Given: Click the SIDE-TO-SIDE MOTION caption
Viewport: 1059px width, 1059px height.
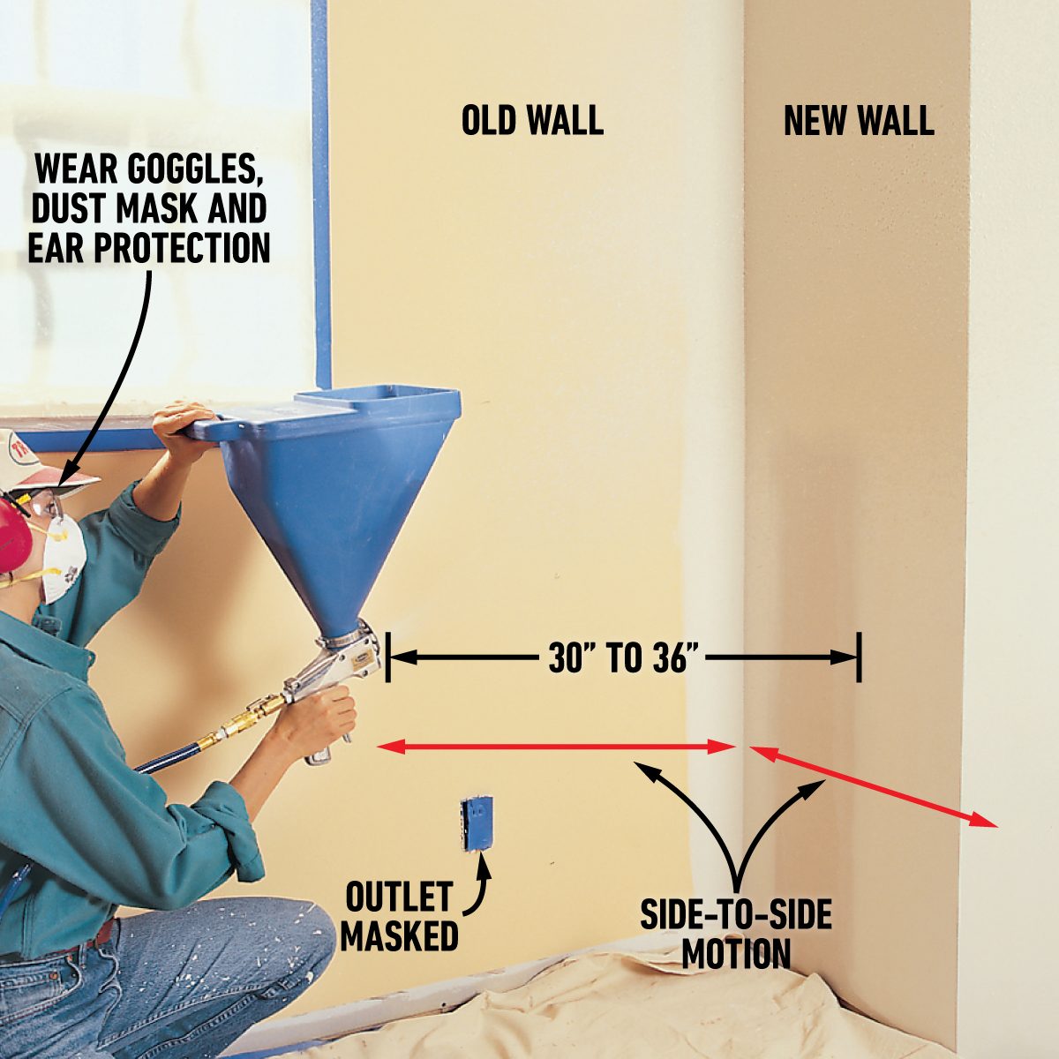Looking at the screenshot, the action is click(x=736, y=936).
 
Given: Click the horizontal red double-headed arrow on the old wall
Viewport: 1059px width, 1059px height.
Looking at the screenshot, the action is click(x=557, y=747).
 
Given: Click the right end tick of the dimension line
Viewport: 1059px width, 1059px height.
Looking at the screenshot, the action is click(x=860, y=657).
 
